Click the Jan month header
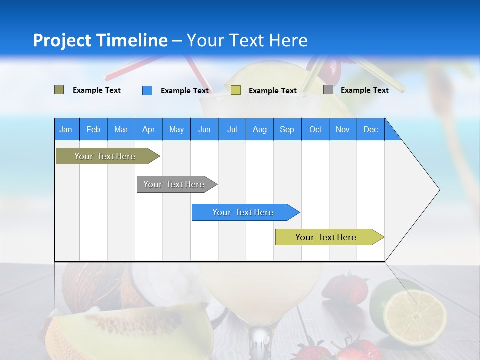coord(66,129)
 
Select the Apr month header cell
coord(148,129)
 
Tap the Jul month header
coord(232,129)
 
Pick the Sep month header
coord(287,129)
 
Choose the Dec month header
coord(370,129)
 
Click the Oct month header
coord(315,129)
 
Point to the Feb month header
coord(93,129)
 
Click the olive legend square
coord(59,90)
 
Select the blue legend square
coord(147,90)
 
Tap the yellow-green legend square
coord(236,90)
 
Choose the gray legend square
coord(328,90)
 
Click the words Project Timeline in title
coord(100,40)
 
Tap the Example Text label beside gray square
coord(364,90)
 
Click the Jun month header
coord(204,129)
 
